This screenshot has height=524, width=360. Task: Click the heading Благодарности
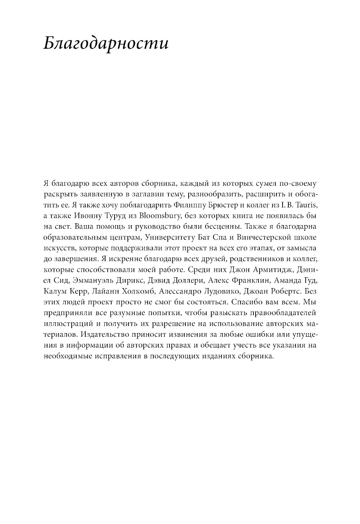pyautogui.click(x=106, y=44)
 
